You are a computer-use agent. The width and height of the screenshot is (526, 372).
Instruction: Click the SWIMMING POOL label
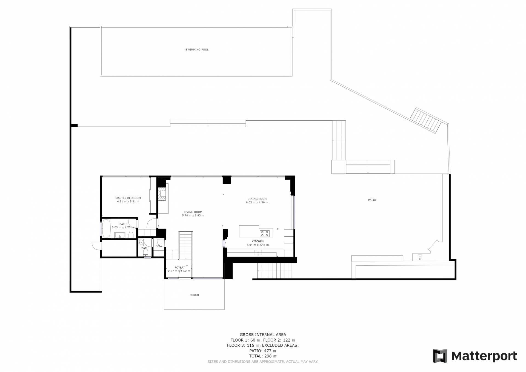pos(197,50)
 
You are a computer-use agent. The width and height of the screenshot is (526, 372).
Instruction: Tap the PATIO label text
pos(372,200)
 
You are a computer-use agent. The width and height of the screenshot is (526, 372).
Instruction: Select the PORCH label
pos(194,295)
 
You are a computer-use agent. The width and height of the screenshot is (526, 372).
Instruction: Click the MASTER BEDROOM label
pos(128,198)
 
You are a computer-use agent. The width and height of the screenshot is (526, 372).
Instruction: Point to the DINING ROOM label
pos(257,199)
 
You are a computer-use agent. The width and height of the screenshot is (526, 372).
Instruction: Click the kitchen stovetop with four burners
pos(265,233)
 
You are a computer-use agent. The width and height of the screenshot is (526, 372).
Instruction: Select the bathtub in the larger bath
pos(106,228)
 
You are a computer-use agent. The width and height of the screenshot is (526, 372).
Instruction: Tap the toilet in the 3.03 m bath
pos(131,235)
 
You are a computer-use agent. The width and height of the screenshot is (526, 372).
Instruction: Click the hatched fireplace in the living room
pos(163,194)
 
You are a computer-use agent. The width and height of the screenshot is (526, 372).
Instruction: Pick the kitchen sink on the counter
pos(258,252)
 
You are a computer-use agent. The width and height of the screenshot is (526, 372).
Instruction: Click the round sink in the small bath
pos(141,242)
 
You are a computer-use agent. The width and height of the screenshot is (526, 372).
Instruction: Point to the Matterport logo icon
pos(440,356)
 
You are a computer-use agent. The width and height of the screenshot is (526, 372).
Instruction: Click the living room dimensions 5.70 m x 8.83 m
pos(193,215)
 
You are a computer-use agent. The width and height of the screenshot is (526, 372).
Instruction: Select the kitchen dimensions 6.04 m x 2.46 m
pos(258,245)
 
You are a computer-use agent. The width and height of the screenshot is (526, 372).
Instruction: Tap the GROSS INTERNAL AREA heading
pos(263,334)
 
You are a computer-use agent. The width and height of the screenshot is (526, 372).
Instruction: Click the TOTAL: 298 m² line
pos(263,356)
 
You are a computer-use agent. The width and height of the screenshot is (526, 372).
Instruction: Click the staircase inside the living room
pos(185,245)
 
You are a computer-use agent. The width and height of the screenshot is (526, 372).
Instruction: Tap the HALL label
pos(159,246)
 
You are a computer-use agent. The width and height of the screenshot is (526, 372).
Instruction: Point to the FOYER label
pos(179,268)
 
